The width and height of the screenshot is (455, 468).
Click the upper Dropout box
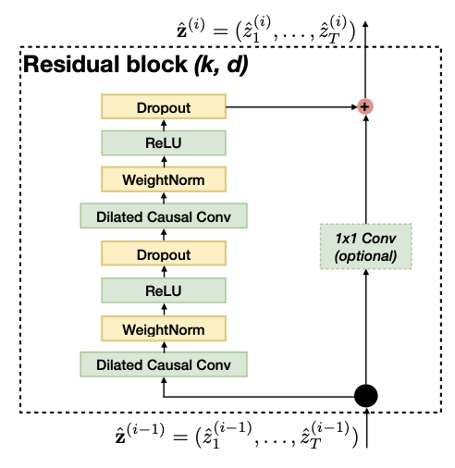[x=164, y=106]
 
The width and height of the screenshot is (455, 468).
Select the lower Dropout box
[x=164, y=253]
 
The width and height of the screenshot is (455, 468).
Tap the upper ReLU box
[x=164, y=143]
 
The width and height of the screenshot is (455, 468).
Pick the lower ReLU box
[x=164, y=290]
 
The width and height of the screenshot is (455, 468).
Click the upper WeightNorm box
[x=164, y=179]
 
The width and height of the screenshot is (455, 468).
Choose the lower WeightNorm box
[x=164, y=328]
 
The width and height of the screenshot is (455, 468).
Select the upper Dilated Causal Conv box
[x=164, y=216]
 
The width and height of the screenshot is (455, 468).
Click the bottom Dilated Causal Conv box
[x=164, y=364]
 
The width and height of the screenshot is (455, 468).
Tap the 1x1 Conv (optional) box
[x=366, y=247]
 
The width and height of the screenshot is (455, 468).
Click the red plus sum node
[x=365, y=106]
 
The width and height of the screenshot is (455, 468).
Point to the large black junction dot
[x=366, y=396]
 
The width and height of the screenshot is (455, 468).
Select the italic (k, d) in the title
[x=221, y=65]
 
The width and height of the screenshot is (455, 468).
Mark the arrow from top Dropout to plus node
[x=291, y=107]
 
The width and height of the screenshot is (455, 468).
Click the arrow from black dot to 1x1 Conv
[x=366, y=326]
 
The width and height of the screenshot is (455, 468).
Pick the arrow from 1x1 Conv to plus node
[x=366, y=169]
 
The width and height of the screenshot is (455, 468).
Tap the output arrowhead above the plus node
[x=365, y=24]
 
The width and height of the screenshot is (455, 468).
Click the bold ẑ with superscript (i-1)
[x=140, y=433]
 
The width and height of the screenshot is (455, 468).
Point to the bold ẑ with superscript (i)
[x=191, y=29]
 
